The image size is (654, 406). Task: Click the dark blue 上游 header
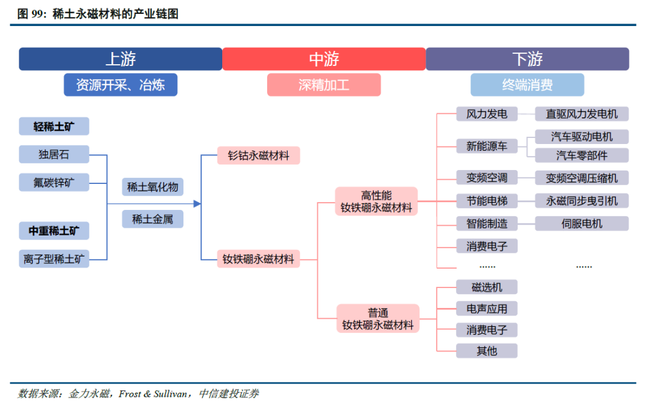coord(121,59)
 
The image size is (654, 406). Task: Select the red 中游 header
coord(324,59)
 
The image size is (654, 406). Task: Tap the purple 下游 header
coord(527,59)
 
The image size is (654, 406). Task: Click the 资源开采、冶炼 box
coord(121,85)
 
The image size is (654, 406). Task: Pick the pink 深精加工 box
coord(324,85)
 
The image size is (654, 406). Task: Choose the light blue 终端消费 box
coord(527,85)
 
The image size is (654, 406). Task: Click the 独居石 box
coord(54,154)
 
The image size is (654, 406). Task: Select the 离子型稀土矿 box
coord(54,260)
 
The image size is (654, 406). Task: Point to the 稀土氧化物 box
coord(153,187)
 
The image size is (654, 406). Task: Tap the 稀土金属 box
coord(153,219)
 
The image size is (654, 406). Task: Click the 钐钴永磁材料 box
coord(259,156)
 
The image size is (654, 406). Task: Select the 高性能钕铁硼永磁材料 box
coord(376,201)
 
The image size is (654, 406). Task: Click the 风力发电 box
coord(487,114)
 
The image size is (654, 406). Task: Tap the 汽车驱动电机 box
coord(582,136)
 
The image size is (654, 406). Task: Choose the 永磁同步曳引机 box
coord(582,201)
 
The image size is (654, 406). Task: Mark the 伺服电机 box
coord(582,223)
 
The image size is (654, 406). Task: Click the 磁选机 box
coord(487,287)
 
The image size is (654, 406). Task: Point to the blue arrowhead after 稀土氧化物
coord(197,204)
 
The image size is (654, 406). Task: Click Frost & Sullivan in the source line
coord(151,394)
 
